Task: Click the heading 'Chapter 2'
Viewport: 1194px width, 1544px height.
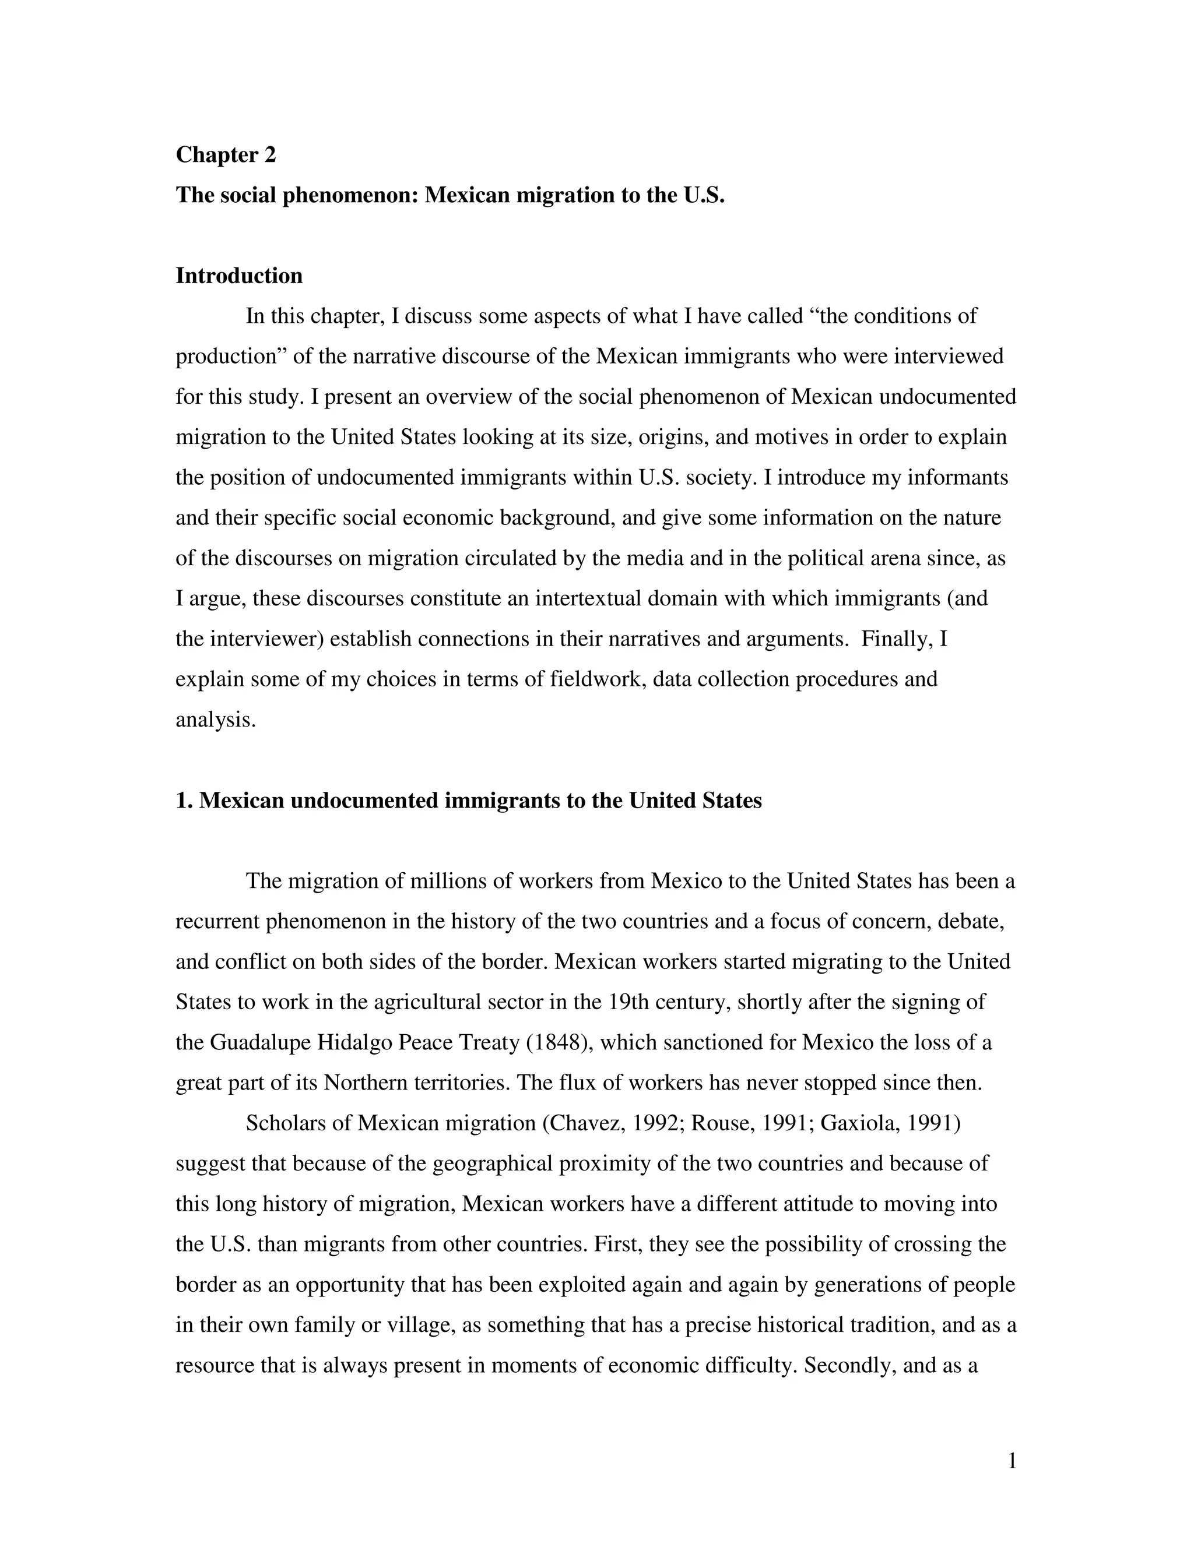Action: coord(226,155)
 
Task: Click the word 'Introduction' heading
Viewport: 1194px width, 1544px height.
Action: coord(239,276)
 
